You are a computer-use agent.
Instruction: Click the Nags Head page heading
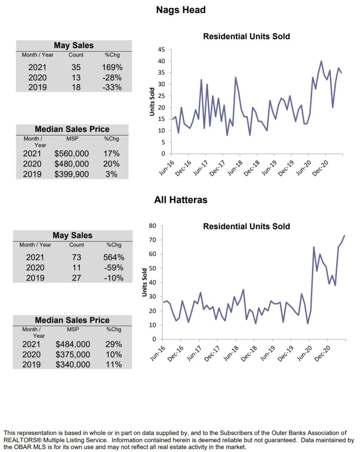pyautogui.click(x=181, y=10)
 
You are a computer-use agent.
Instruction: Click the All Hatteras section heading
pyautogui.click(x=181, y=200)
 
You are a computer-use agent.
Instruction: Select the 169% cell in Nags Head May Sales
pyautogui.click(x=112, y=67)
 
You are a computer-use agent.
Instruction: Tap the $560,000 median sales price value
pyautogui.click(x=71, y=154)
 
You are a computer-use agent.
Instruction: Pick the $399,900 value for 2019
pyautogui.click(x=71, y=174)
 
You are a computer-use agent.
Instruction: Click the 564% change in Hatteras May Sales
pyautogui.click(x=114, y=257)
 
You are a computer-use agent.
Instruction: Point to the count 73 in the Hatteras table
pyautogui.click(x=76, y=257)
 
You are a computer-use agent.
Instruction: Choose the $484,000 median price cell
pyautogui.click(x=73, y=344)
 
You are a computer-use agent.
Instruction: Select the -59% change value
pyautogui.click(x=114, y=268)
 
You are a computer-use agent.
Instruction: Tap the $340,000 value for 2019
pyautogui.click(x=73, y=364)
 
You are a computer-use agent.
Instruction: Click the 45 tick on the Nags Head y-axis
pyautogui.click(x=161, y=50)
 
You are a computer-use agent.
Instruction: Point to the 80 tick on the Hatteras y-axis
pyautogui.click(x=152, y=226)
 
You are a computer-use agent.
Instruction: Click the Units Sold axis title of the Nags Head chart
pyautogui.click(x=152, y=102)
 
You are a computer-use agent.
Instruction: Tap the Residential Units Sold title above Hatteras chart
pyautogui.click(x=246, y=226)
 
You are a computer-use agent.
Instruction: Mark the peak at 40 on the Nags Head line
pyautogui.click(x=321, y=61)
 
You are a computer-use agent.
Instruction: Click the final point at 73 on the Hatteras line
pyautogui.click(x=344, y=236)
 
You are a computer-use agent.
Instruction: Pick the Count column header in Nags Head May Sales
pyautogui.click(x=76, y=55)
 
